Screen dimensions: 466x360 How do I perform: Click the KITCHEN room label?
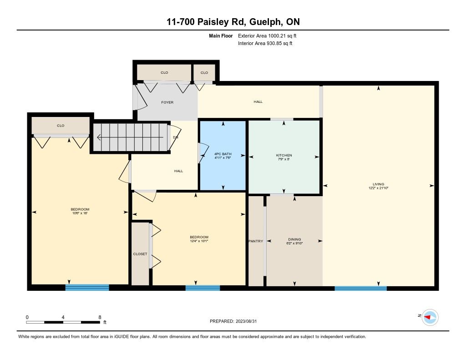coord(284,155)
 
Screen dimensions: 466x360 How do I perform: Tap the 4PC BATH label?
coord(223,154)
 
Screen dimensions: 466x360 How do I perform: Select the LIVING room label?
coord(378,184)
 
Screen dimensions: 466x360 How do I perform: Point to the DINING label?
coord(294,239)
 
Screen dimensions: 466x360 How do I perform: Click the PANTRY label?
coord(256,241)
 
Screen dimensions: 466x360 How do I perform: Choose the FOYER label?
coord(167,102)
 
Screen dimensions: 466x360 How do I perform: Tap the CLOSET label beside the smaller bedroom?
coord(140,254)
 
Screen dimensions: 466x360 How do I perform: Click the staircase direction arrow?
coord(130,137)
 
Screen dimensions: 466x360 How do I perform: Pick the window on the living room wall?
coord(360,288)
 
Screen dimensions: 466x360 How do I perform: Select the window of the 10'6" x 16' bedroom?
coord(87,288)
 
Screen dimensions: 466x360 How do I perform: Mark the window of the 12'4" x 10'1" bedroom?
coord(203,288)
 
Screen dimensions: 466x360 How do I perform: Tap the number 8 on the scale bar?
coord(100,317)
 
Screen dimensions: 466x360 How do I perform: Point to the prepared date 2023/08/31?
coord(246,321)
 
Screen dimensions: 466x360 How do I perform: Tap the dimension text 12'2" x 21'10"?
coord(378,188)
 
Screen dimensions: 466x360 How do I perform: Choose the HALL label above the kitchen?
coord(258,101)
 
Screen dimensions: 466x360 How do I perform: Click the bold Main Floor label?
coord(221,35)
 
